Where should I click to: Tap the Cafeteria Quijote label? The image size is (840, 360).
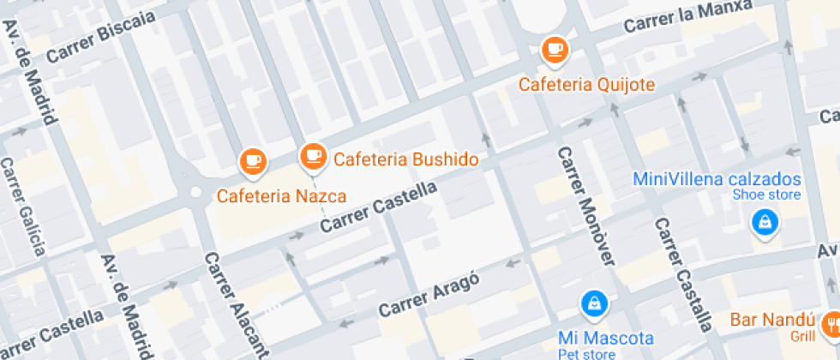[x=586, y=84]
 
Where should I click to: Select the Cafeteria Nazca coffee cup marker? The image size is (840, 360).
[x=252, y=159]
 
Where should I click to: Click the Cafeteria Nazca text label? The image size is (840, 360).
[x=281, y=195]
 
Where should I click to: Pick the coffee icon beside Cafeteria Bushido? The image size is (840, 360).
[x=312, y=156]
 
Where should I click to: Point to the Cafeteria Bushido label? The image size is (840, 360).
[x=405, y=159]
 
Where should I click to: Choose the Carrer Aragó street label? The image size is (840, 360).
[x=428, y=294]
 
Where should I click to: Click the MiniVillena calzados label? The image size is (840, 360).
[x=717, y=179]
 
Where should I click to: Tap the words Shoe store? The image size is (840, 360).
[x=765, y=195]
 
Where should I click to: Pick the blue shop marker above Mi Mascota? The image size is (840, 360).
[x=593, y=303]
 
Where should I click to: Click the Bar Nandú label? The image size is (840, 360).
[x=769, y=321]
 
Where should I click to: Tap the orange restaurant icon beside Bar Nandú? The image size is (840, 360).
[x=831, y=324]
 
